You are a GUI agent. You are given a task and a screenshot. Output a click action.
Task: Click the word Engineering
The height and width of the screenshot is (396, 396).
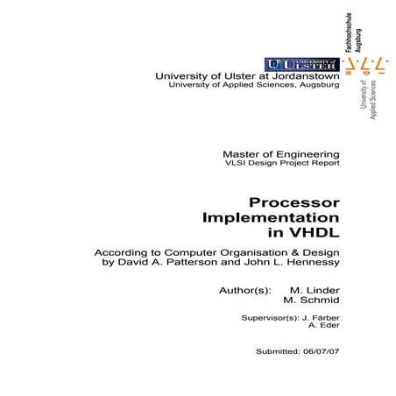click(x=308, y=152)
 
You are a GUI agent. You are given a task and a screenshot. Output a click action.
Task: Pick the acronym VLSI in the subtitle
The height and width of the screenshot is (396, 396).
click(x=237, y=163)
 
